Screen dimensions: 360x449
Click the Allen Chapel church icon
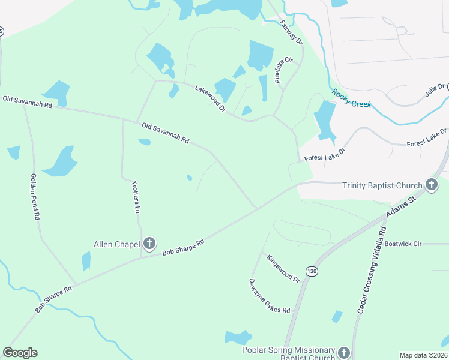click(149, 244)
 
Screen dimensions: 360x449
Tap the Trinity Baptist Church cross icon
click(431, 185)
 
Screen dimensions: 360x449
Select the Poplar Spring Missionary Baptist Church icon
click(343, 352)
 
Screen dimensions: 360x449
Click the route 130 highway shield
click(311, 271)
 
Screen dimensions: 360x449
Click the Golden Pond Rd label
click(34, 196)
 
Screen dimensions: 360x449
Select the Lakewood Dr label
click(210, 98)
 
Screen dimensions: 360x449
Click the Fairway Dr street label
click(291, 32)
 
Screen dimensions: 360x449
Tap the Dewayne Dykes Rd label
click(270, 296)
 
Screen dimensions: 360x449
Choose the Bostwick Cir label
click(403, 244)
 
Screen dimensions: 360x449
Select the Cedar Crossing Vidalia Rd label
click(372, 269)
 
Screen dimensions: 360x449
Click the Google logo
click(20, 353)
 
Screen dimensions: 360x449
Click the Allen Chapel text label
click(116, 244)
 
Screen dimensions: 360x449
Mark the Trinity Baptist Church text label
click(382, 185)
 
